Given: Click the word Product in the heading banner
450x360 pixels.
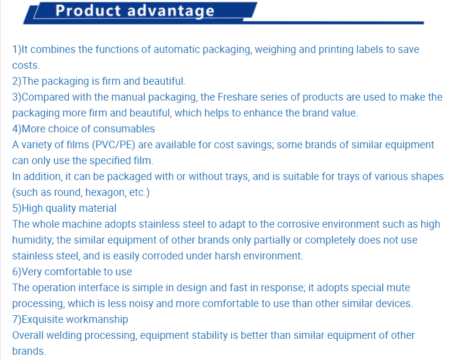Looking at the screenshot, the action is [88, 11].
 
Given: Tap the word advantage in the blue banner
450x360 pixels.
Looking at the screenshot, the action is [171, 12].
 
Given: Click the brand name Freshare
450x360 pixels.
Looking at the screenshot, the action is [238, 97].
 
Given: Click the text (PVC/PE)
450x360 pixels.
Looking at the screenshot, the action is [114, 145].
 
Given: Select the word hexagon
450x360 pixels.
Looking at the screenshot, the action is [106, 193].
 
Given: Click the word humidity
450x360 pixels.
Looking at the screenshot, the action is [33, 240].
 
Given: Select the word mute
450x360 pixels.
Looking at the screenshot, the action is [398, 288].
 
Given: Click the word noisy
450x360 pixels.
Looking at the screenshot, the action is [140, 304].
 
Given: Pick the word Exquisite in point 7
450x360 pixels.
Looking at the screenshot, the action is [41, 320].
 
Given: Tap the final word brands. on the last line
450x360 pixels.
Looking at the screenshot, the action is [29, 351].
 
